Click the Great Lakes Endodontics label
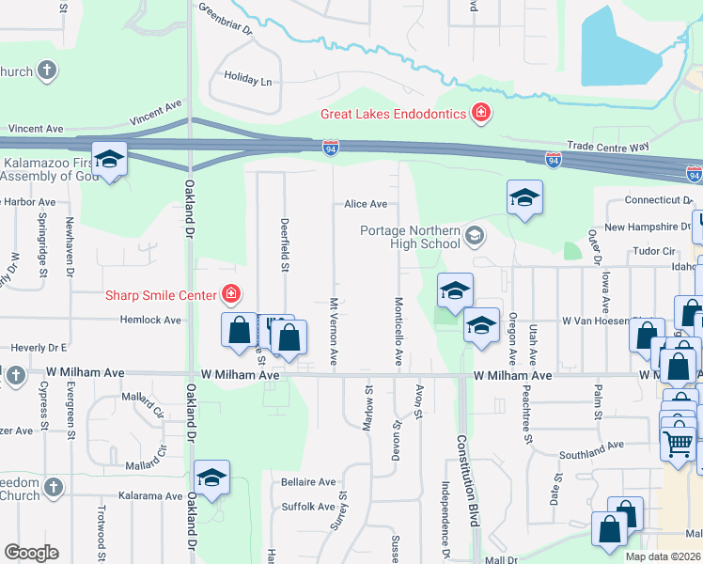click(x=393, y=114)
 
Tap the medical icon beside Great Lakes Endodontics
click(x=481, y=114)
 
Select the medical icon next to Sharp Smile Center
click(x=228, y=295)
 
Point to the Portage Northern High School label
click(x=411, y=237)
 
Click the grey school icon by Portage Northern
click(x=476, y=234)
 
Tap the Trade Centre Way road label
click(x=608, y=147)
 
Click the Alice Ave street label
click(x=366, y=204)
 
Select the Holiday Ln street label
click(x=247, y=80)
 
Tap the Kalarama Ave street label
click(x=148, y=495)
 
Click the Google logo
click(x=31, y=553)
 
